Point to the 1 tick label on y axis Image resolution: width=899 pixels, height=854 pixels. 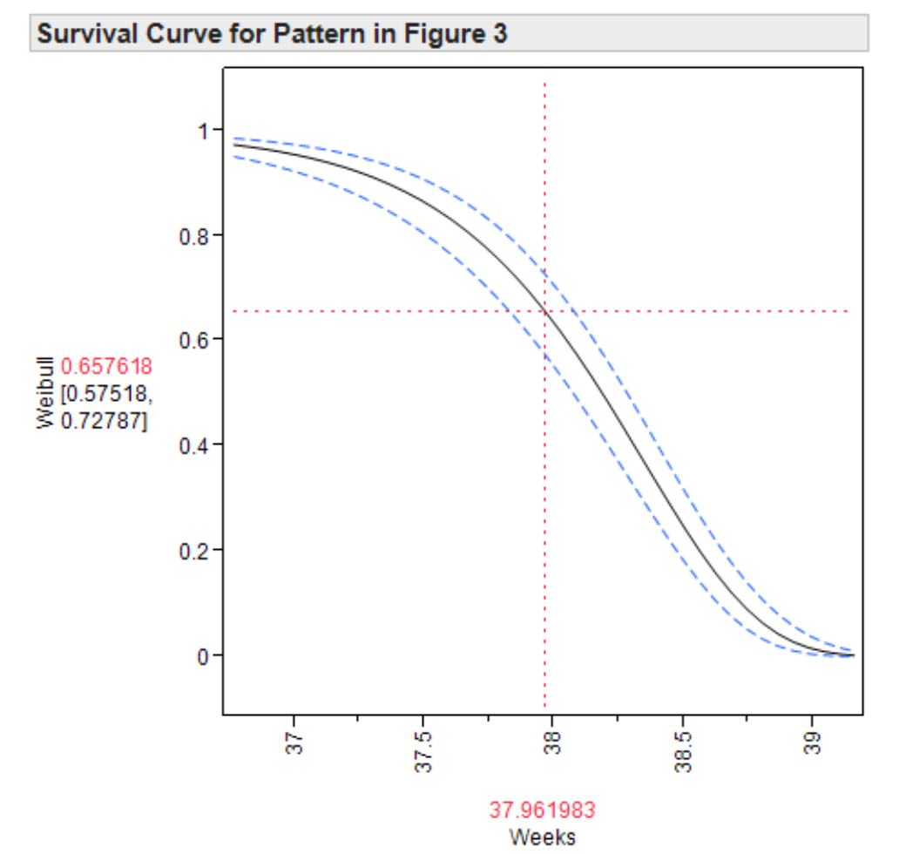click(x=205, y=130)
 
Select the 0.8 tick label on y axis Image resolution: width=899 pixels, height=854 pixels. click(x=197, y=235)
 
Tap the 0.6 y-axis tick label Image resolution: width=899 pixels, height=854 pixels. click(x=197, y=340)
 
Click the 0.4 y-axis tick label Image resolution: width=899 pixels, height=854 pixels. click(x=197, y=445)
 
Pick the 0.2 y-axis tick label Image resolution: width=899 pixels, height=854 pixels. click(x=197, y=551)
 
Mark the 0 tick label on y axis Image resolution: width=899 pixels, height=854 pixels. click(x=205, y=656)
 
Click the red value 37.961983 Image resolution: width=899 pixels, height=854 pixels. click(x=542, y=810)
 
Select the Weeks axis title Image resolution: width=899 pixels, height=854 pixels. click(x=542, y=837)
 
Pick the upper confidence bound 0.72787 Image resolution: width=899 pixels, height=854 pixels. click(x=102, y=423)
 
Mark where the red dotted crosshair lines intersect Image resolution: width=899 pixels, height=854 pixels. click(x=544, y=311)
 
